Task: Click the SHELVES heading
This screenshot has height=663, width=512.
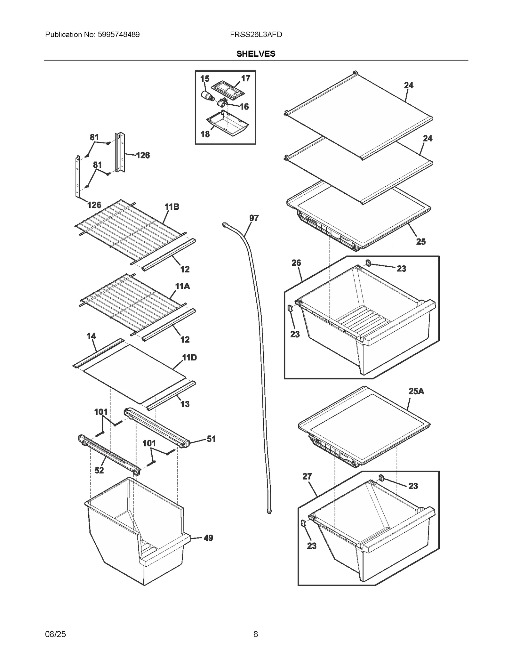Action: tap(256, 54)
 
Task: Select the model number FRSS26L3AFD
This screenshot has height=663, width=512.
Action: tap(256, 35)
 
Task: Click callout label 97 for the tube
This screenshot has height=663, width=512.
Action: tap(254, 218)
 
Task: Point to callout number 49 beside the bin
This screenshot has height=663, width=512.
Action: tap(208, 538)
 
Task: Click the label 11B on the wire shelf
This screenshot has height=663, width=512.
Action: tap(172, 207)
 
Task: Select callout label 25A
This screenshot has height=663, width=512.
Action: tap(416, 391)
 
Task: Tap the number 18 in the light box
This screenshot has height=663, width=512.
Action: tap(205, 134)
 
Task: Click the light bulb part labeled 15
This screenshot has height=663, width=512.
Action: tap(207, 95)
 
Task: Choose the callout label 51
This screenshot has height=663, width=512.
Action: tap(211, 439)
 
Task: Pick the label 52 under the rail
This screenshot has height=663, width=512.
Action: tap(99, 470)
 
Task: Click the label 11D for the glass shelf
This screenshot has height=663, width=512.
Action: tap(189, 357)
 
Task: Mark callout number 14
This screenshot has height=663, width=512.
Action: tap(91, 336)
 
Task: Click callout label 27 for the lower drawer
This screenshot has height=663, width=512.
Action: tap(307, 476)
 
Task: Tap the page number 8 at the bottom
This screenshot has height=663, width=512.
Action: tap(256, 634)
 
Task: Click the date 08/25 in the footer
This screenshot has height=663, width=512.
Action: tap(56, 634)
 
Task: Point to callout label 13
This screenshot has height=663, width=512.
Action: tap(185, 404)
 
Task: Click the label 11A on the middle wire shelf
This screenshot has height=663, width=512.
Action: tap(182, 286)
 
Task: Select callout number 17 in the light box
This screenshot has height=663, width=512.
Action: tap(245, 78)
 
